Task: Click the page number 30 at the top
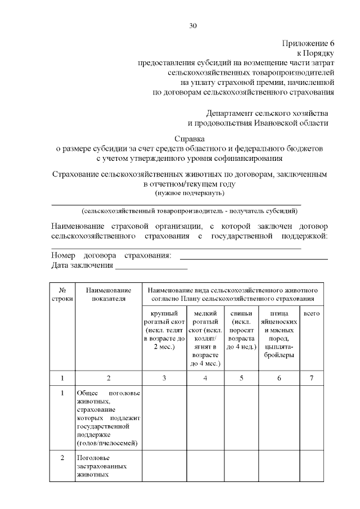pyautogui.click(x=193, y=26)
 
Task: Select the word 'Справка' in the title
pyautogui.click(x=190, y=138)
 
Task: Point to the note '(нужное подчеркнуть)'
pyautogui.click(x=190, y=193)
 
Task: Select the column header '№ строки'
pyautogui.click(x=63, y=294)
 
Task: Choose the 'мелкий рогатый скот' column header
pyautogui.click(x=205, y=337)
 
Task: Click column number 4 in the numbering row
pyautogui.click(x=205, y=377)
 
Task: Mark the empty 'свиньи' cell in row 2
pyautogui.click(x=241, y=466)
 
